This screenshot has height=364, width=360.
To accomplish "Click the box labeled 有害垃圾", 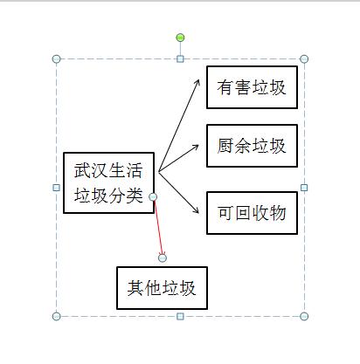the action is (x=252, y=87).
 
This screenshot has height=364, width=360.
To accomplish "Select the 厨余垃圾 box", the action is (x=252, y=146).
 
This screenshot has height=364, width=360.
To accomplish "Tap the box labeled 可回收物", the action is (x=252, y=213).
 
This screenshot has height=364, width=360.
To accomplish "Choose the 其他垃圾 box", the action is (x=162, y=288).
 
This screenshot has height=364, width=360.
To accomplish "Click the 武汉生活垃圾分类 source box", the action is (x=108, y=182).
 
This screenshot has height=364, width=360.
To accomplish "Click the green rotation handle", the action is (x=180, y=38).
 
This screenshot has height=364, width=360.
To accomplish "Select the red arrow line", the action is (x=158, y=228).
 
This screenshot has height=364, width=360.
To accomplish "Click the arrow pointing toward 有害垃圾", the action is (x=179, y=126).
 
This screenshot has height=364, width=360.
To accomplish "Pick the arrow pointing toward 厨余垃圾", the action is (x=178, y=158).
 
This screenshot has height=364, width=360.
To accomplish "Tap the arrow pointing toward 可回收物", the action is (x=178, y=192).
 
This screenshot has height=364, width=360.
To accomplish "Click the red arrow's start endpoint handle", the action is (x=153, y=197).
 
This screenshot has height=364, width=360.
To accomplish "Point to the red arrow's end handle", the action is (x=163, y=258).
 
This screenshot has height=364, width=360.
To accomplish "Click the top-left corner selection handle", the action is (x=57, y=59).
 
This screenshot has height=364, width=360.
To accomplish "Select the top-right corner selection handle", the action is (x=304, y=59).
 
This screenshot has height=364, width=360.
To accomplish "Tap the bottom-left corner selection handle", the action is (x=57, y=316).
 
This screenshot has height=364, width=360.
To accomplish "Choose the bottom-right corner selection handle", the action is (x=304, y=316).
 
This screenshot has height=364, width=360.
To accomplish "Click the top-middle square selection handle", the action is (x=180, y=59).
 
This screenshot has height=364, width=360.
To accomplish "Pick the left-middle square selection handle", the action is (x=57, y=188).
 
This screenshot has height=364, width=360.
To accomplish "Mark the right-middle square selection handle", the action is (x=304, y=188).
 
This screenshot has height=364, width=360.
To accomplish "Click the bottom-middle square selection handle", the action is (x=180, y=316).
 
